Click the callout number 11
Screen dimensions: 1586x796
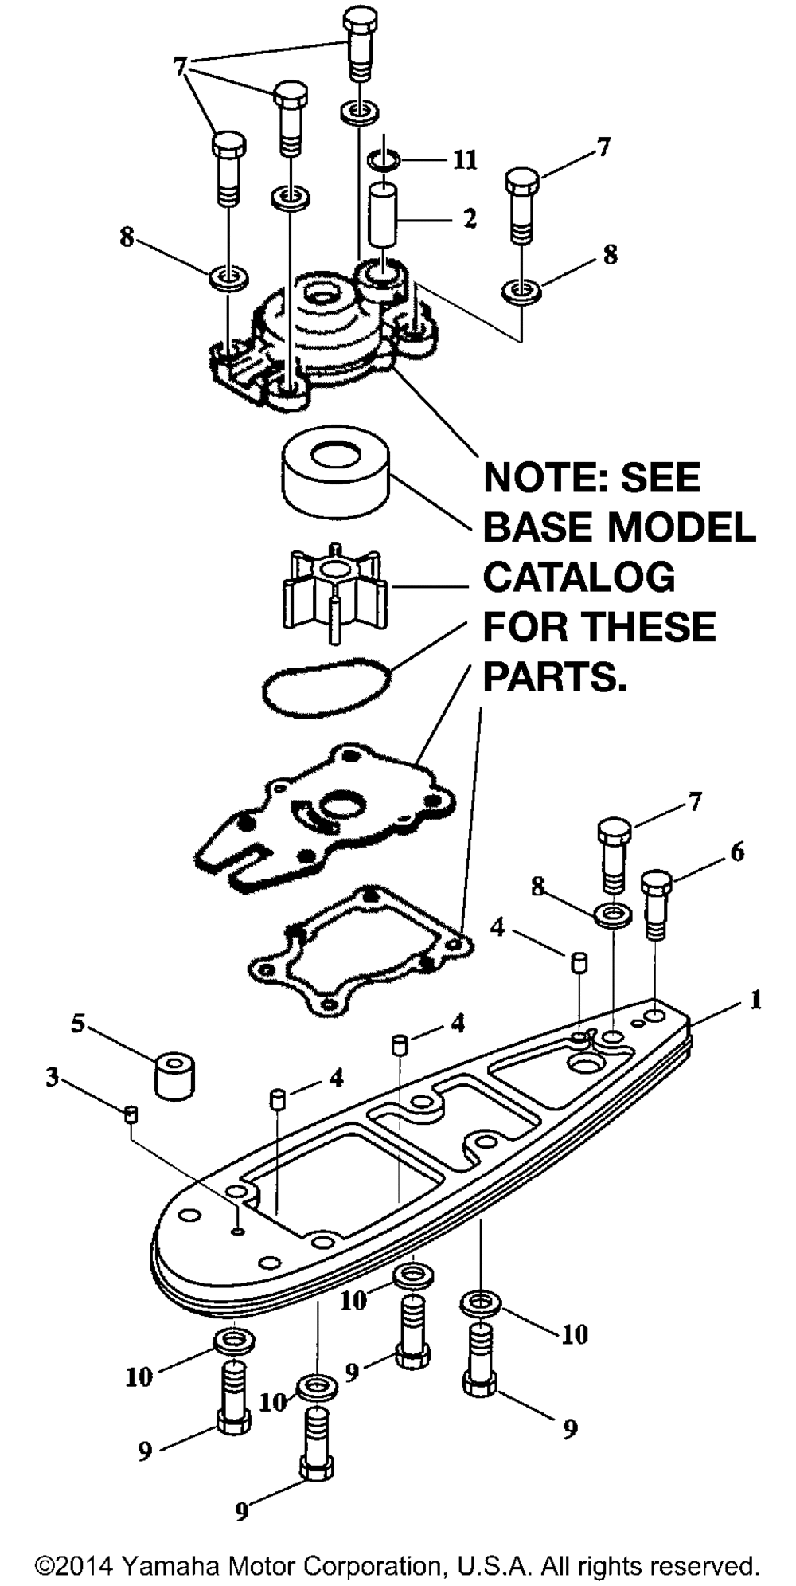click(465, 160)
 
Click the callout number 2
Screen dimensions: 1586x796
click(470, 217)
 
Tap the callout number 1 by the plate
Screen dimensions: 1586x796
click(755, 1000)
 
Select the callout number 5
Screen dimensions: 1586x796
click(78, 1024)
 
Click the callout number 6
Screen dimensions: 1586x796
click(737, 852)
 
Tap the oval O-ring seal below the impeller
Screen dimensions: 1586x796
click(327, 683)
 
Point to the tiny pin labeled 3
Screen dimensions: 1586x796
click(132, 1114)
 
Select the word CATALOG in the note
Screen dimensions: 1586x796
click(579, 577)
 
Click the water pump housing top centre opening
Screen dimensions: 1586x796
click(322, 298)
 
